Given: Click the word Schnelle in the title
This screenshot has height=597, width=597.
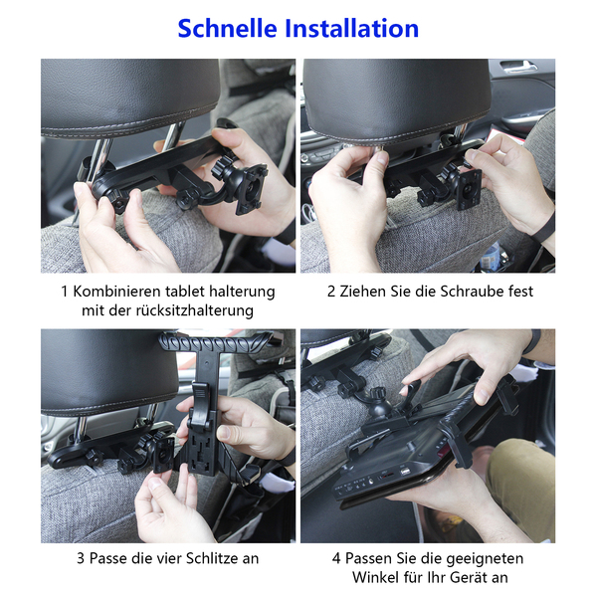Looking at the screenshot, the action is click(227, 29).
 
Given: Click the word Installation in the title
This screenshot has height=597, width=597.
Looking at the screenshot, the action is click(352, 29).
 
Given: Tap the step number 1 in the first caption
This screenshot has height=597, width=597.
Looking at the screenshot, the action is click(65, 292).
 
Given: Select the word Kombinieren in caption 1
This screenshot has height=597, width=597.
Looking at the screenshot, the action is click(116, 292).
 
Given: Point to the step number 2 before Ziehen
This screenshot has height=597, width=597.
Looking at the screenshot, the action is click(331, 292).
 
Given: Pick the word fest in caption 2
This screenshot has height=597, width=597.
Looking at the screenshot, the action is click(521, 292).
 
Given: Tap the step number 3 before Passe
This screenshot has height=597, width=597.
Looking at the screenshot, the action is click(81, 558).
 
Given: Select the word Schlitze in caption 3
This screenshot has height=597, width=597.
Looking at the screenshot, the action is click(206, 558).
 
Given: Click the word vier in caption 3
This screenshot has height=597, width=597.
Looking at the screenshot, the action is click(159, 558).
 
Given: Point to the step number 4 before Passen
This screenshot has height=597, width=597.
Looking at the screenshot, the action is click(336, 558).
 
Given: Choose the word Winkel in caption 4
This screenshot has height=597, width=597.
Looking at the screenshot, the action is click(376, 577).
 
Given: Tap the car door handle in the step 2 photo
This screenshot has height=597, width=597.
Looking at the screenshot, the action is click(518, 67).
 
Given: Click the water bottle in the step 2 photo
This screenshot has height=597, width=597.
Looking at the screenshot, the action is click(490, 257).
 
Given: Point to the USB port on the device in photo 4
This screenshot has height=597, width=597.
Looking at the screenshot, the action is click(404, 472).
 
